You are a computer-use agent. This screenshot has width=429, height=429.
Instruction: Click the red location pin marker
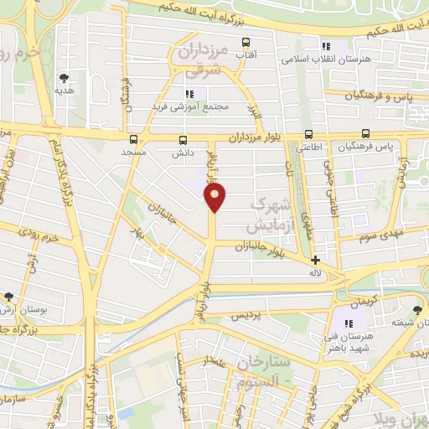click(x=216, y=198)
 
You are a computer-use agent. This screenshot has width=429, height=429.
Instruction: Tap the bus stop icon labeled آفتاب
click(x=246, y=42)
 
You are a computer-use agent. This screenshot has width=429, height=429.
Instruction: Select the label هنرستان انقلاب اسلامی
click(x=326, y=59)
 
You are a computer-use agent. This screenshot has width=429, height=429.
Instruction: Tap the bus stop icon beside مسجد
click(x=133, y=139)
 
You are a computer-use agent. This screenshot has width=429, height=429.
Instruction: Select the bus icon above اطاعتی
click(x=308, y=133)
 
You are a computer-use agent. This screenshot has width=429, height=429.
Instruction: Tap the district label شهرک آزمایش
click(x=269, y=215)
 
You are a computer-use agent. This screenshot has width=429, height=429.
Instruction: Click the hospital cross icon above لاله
click(x=315, y=260)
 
